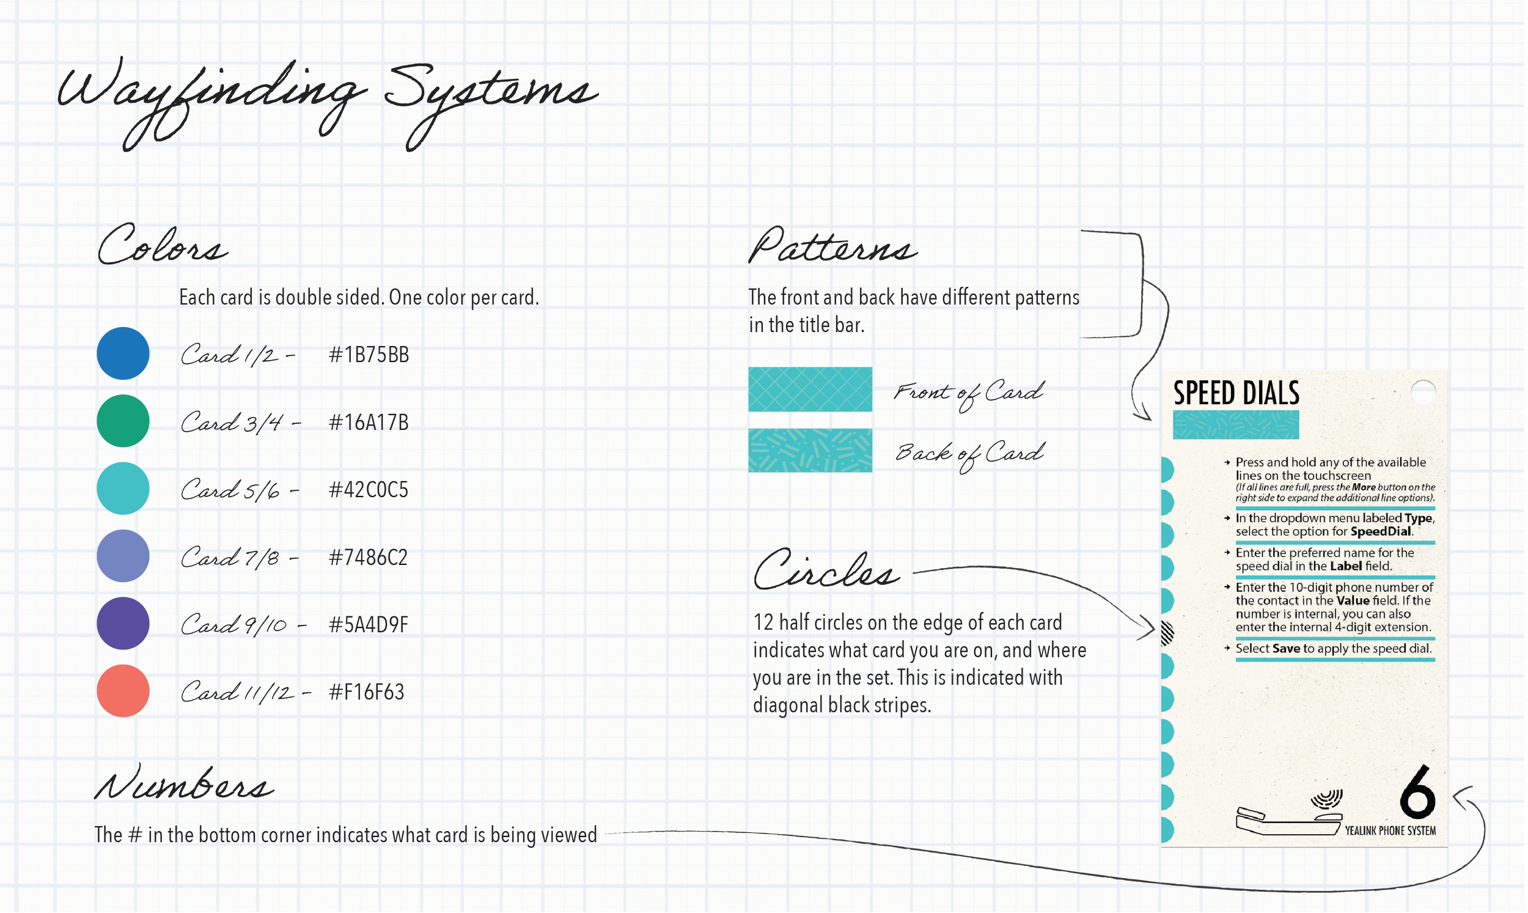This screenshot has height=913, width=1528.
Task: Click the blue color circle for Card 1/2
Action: click(123, 353)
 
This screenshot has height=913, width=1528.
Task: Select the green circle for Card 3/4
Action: click(123, 421)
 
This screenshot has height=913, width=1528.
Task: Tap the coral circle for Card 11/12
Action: click(123, 691)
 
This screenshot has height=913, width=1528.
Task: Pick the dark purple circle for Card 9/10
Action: click(123, 623)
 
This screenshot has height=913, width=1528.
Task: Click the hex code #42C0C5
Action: click(369, 490)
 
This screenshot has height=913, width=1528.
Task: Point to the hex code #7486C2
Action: click(369, 557)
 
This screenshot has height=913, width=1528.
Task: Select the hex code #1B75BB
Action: click(369, 355)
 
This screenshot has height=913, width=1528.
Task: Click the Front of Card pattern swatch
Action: click(810, 390)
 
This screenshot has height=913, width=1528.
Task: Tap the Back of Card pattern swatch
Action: click(810, 450)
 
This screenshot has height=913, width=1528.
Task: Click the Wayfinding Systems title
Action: click(326, 98)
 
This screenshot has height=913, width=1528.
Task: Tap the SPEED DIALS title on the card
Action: click(1236, 393)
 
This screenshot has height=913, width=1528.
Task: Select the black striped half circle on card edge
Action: click(1166, 633)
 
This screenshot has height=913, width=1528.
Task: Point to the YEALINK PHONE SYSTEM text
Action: click(1390, 830)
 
